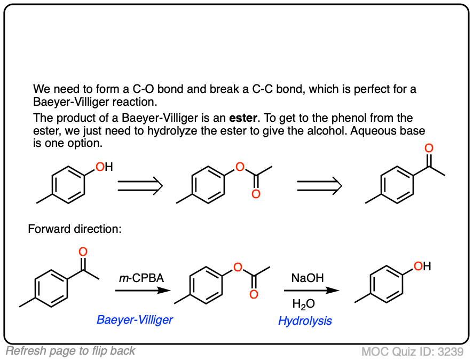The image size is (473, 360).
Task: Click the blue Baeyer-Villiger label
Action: [135, 319]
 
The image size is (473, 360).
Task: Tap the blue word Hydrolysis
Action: [305, 320]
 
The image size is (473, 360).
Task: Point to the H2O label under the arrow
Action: [303, 304]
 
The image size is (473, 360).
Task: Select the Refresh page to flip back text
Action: [70, 351]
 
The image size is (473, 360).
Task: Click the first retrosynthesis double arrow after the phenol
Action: [140, 185]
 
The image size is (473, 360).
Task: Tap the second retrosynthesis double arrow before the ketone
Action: [319, 185]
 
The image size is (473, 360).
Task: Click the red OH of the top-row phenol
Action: [104, 167]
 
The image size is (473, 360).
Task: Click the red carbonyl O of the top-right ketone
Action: [428, 148]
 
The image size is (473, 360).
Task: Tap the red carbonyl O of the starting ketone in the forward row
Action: [83, 252]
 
